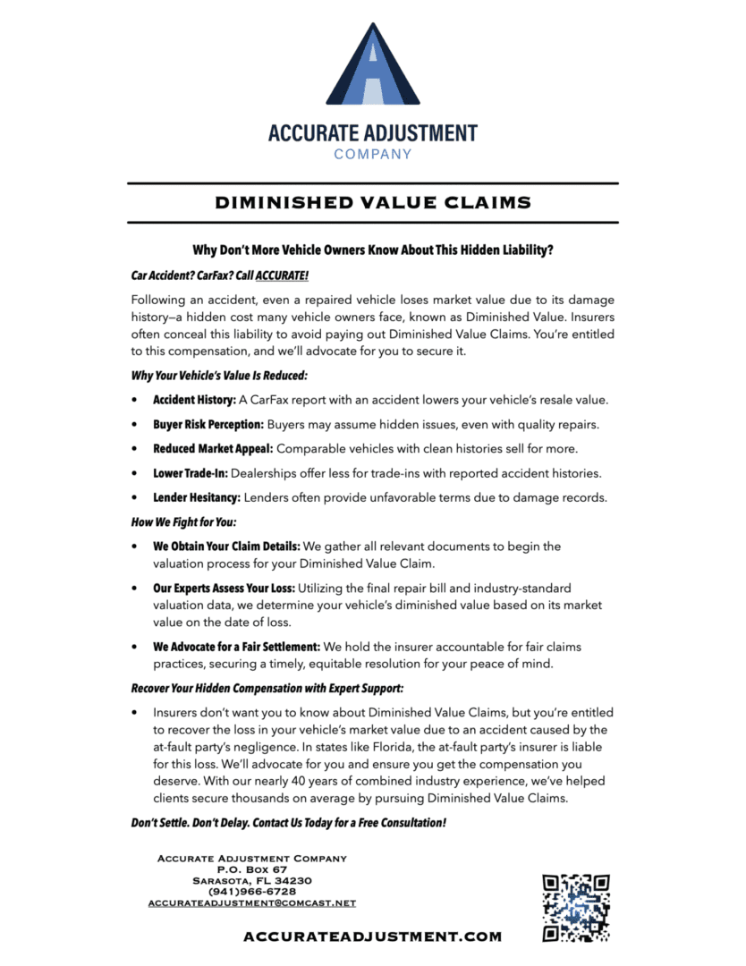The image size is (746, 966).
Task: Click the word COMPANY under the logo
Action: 373,154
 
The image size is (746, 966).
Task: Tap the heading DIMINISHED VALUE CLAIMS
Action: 373,203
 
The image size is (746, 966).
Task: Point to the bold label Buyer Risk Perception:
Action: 208,424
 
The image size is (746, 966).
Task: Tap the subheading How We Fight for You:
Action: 183,521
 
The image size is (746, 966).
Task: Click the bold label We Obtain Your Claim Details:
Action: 227,546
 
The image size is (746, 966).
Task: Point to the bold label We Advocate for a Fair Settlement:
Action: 236,646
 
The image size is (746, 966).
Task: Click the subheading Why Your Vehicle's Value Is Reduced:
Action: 219,375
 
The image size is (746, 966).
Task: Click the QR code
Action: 576,908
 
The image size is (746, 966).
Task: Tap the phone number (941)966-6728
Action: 251,892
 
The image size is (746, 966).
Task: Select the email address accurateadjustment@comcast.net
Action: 251,903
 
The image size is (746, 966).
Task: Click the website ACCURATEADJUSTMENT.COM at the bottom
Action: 372,936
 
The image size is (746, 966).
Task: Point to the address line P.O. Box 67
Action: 251,869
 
